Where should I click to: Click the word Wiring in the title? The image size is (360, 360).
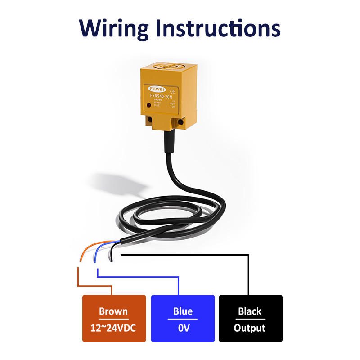114,28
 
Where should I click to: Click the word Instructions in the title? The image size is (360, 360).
218,28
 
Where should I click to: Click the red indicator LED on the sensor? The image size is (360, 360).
149,105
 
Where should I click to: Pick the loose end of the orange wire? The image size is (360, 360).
80,259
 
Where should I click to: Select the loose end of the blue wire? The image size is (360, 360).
94,261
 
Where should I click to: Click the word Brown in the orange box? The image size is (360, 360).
113,311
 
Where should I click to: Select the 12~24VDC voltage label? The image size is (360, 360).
113,328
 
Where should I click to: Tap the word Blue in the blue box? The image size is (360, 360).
183,311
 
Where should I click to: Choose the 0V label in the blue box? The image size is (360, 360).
183,328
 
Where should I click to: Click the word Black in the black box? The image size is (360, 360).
250,311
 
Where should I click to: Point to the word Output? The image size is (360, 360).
250,328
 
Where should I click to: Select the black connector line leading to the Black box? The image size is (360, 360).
248,274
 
